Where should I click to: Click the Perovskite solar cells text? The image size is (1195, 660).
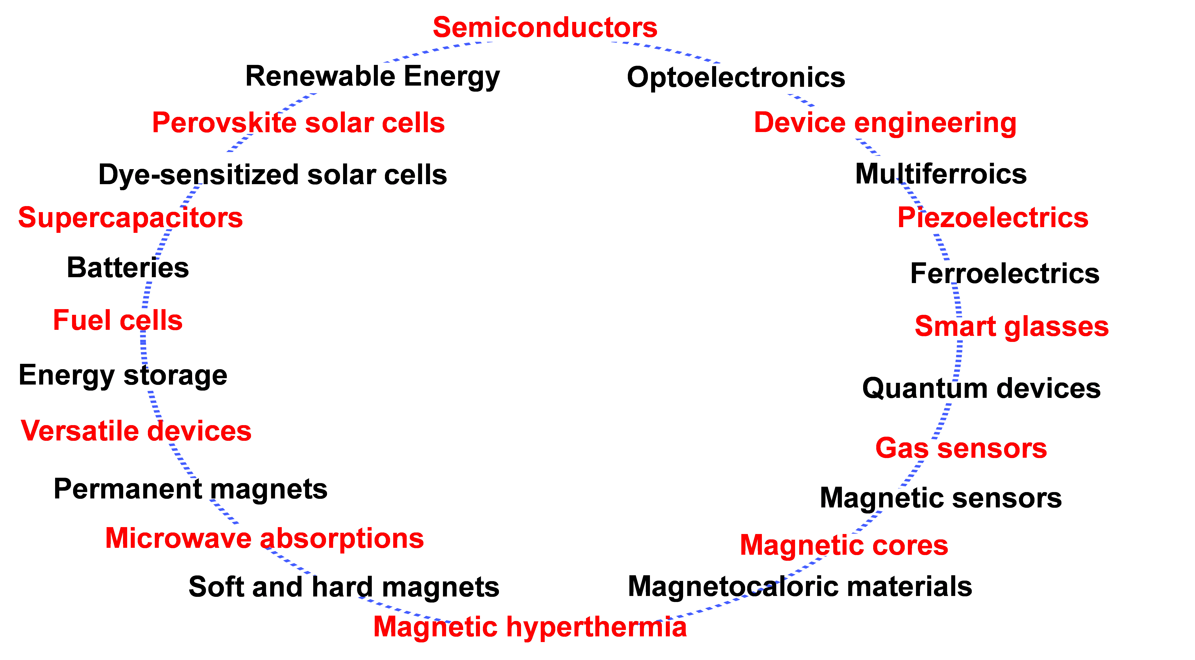(x=298, y=123)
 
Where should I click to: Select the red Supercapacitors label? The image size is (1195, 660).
(x=130, y=218)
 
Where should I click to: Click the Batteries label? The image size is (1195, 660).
(x=128, y=269)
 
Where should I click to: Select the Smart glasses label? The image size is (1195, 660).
(x=1011, y=327)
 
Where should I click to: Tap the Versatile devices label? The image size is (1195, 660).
(x=136, y=431)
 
